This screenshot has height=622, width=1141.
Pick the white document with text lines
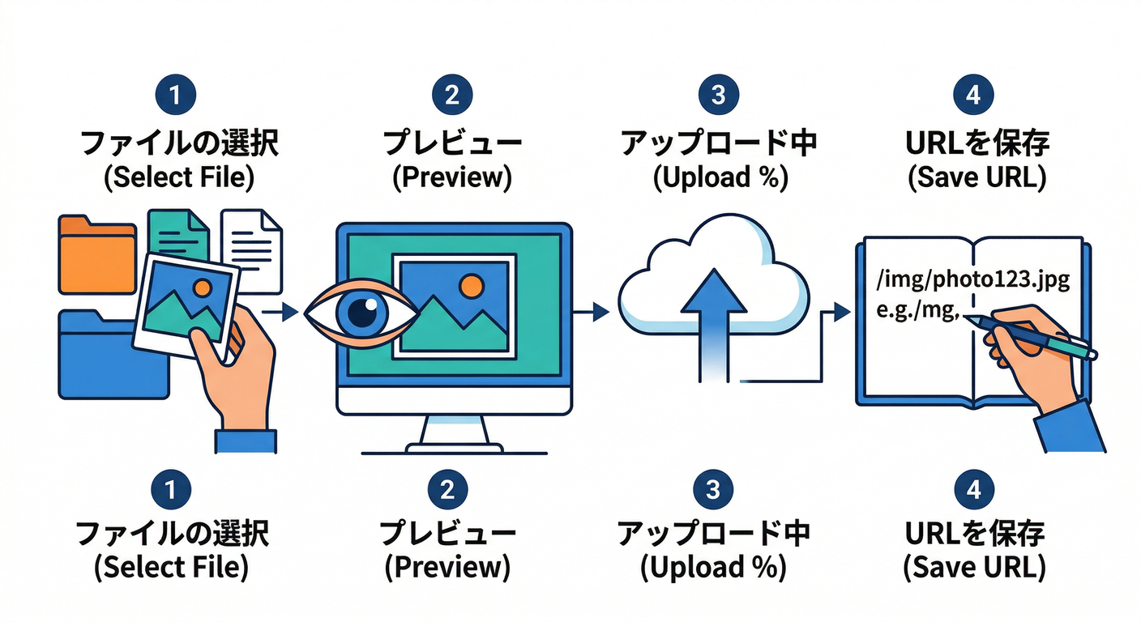[x=253, y=243]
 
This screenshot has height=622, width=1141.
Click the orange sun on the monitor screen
[x=470, y=285]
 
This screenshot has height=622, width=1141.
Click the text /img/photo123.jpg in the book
[x=972, y=281]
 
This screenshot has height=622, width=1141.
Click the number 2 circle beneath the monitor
[x=451, y=490]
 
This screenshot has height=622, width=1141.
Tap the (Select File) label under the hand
[x=171, y=568]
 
